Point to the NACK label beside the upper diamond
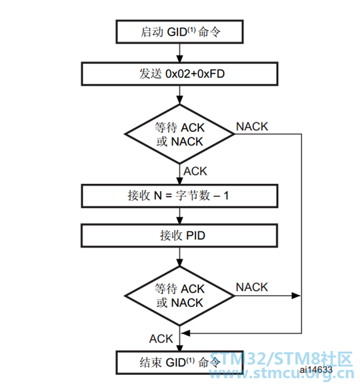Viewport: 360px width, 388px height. pos(252,127)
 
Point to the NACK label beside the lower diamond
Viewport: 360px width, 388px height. pos(252,287)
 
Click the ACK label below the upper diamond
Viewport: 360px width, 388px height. pos(195,171)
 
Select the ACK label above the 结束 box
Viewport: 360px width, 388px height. pos(161,339)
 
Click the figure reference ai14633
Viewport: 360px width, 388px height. pos(316,370)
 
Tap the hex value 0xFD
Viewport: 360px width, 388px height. pos(211,74)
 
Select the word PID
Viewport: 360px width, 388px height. pos(196,235)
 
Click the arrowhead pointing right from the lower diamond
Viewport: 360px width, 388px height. pos(296,296)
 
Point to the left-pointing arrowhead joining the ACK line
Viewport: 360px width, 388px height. pos(186,333)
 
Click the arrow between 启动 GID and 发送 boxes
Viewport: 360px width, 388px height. pos(179,53)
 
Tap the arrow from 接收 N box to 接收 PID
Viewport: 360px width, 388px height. pos(179,216)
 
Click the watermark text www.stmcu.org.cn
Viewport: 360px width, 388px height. pos(282,374)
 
